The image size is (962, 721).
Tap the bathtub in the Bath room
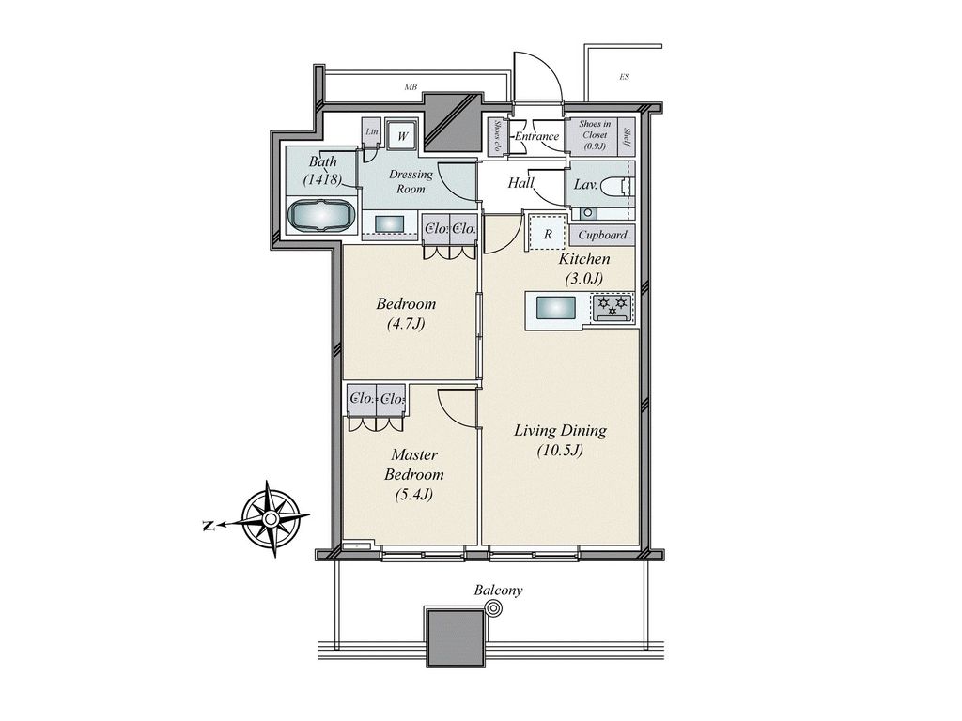(321, 215)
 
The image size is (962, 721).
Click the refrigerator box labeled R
(546, 233)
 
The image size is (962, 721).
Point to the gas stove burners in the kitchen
(613, 306)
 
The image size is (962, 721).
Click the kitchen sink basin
(555, 308)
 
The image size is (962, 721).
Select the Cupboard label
(602, 235)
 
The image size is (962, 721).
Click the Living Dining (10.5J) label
(560, 439)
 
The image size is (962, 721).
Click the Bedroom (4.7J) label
(406, 314)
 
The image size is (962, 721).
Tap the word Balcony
(498, 591)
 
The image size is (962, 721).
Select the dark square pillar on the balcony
(455, 637)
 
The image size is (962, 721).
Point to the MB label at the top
(411, 87)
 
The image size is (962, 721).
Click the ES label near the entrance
(624, 77)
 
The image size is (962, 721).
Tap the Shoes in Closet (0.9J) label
(594, 135)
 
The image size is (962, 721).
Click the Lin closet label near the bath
(372, 132)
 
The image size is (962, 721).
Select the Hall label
(521, 183)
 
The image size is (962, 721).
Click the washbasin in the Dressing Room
(389, 223)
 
